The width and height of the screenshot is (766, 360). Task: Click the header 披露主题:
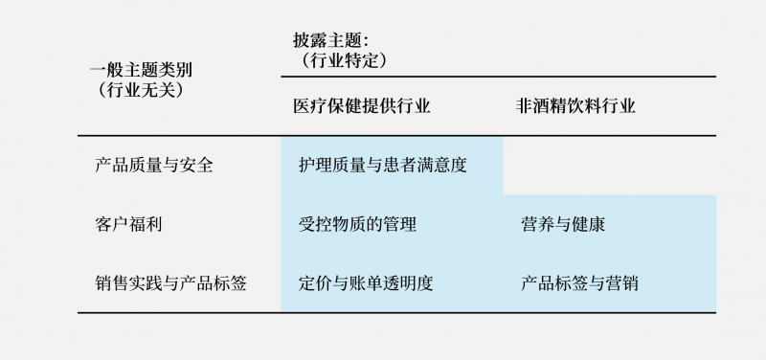[x=331, y=40]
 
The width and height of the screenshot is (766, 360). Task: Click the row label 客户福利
[x=124, y=224]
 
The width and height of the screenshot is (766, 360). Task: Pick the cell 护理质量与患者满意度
[x=383, y=165]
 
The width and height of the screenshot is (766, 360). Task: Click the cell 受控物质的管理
[x=357, y=224]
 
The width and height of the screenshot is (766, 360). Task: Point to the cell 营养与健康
[x=563, y=224]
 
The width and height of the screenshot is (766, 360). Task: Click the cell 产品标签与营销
[x=580, y=283]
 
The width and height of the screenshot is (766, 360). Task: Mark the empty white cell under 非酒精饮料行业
[x=609, y=165]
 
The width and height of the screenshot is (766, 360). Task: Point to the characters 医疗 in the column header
[x=310, y=106]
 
